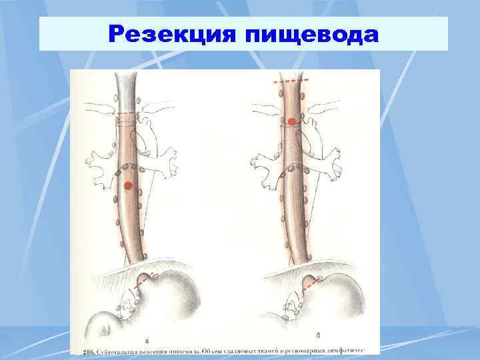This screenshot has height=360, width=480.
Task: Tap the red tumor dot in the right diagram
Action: (x=292, y=121)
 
